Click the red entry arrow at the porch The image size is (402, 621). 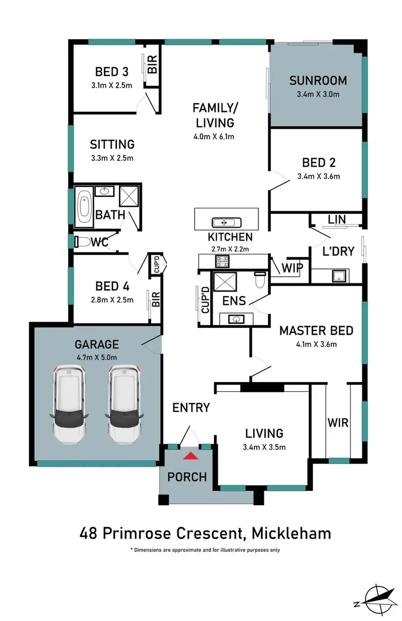pyautogui.click(x=189, y=456)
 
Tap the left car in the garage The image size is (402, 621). pyautogui.click(x=69, y=404)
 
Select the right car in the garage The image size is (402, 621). pyautogui.click(x=124, y=404)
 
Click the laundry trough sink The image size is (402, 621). pyautogui.click(x=339, y=276)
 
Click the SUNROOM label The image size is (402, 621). pyautogui.click(x=318, y=81)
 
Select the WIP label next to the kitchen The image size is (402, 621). pyautogui.click(x=293, y=267)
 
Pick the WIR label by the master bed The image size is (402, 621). pyautogui.click(x=338, y=423)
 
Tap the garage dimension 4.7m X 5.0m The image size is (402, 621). pyautogui.click(x=96, y=357)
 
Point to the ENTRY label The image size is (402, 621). pyautogui.click(x=191, y=408)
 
